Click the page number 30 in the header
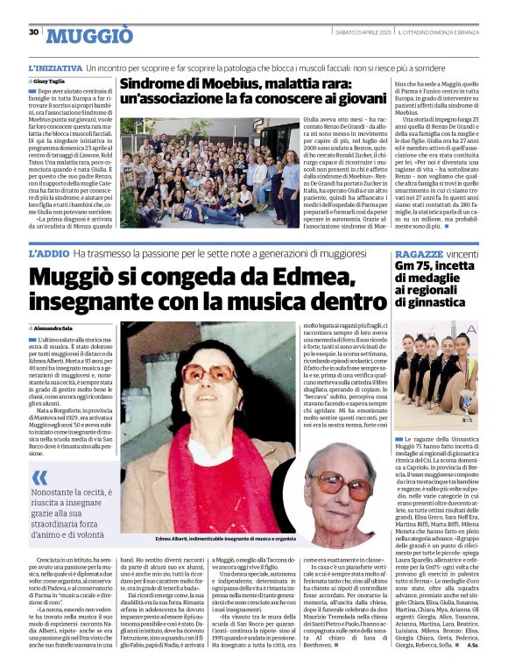(x=33, y=32)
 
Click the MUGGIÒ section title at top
(x=89, y=36)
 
